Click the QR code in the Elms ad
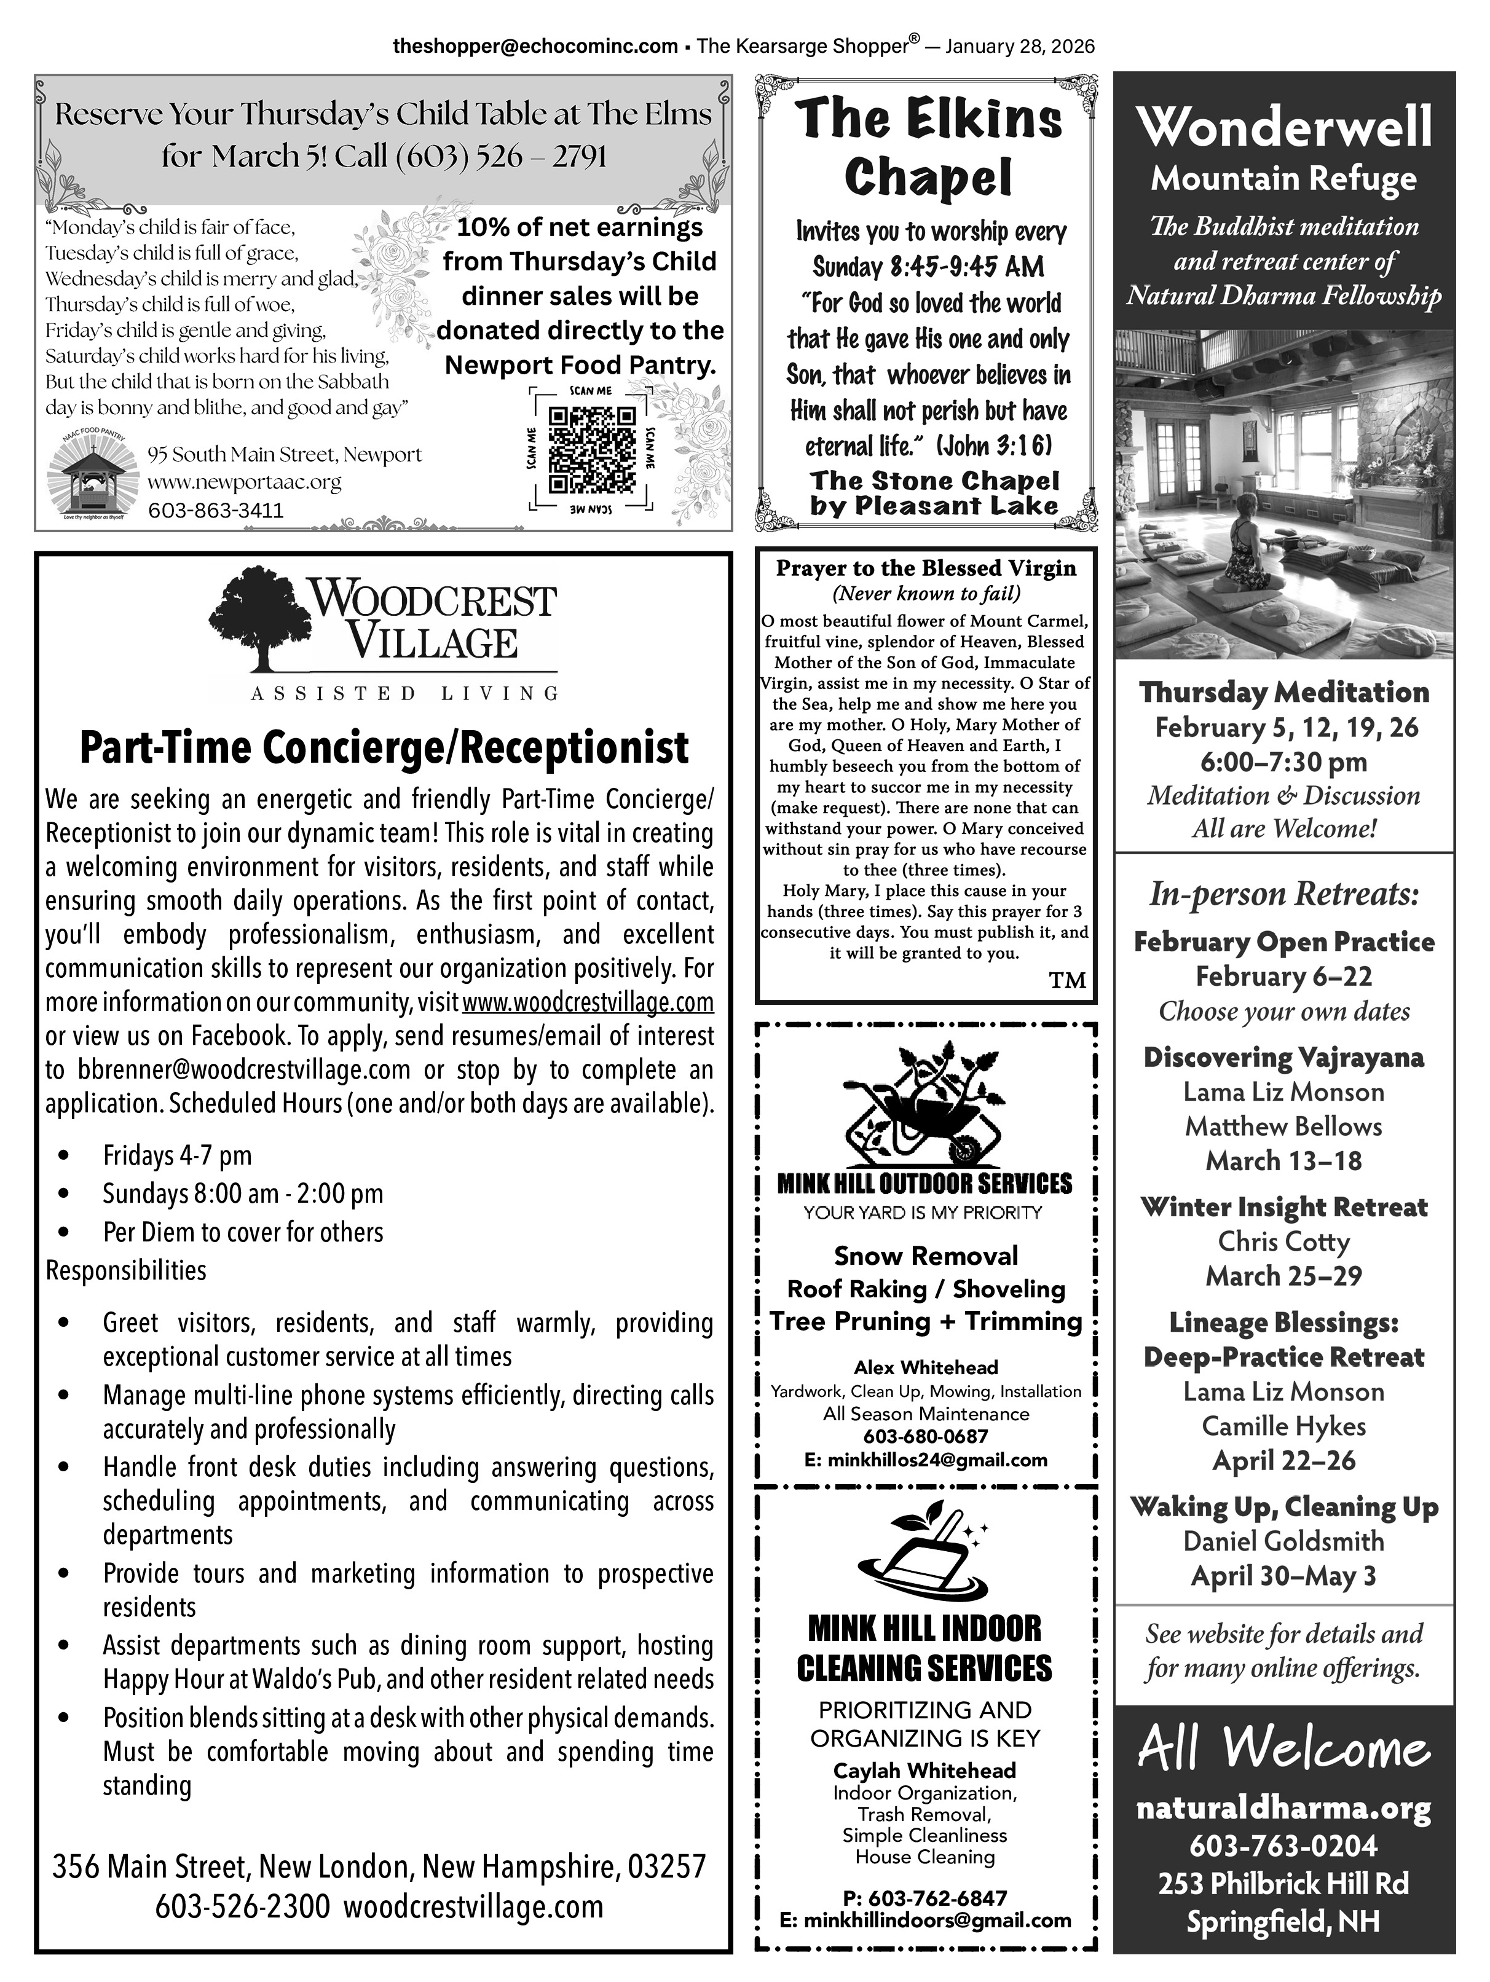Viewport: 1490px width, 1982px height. (x=591, y=450)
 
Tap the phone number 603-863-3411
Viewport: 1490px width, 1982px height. (x=215, y=511)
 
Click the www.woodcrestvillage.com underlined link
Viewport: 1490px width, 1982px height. (x=588, y=1001)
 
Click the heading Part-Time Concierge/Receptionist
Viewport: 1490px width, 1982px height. (x=384, y=748)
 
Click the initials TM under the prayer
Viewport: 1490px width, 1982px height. (x=1067, y=980)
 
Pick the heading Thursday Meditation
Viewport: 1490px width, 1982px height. (x=1283, y=692)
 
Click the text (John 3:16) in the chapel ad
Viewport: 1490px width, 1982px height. (x=995, y=446)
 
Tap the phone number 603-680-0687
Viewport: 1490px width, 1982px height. (x=926, y=1436)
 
